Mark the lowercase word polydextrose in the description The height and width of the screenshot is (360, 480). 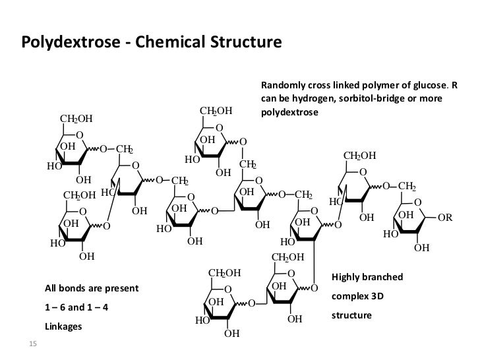289,112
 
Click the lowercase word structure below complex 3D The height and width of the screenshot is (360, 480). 351,316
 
